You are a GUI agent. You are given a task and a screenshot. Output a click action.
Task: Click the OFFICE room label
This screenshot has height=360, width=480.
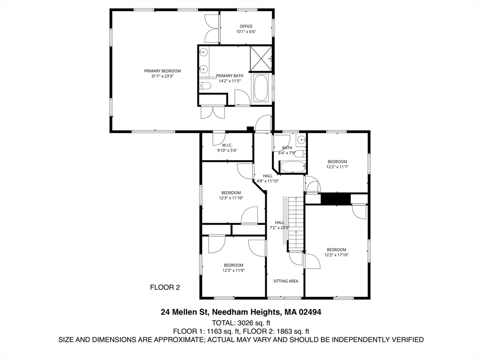(x=246, y=26)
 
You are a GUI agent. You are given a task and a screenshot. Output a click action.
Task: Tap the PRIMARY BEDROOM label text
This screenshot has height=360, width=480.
(x=162, y=71)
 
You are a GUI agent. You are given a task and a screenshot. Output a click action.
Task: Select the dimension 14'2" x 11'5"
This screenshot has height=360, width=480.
(x=230, y=81)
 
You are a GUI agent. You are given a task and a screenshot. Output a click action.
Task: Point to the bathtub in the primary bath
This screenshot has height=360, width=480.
(x=261, y=88)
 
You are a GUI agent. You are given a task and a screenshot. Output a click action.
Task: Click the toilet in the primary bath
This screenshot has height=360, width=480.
(x=205, y=86)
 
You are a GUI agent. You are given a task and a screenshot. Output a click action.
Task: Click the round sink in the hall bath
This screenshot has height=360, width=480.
(x=301, y=139)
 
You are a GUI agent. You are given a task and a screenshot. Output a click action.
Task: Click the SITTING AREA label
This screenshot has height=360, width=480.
(x=286, y=281)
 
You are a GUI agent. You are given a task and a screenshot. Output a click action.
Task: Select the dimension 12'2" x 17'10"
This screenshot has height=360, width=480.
(x=336, y=255)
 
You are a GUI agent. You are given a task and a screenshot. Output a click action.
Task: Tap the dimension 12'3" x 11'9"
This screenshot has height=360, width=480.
(x=233, y=270)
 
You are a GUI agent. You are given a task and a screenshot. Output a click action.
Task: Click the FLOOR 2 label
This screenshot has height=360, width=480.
(x=165, y=287)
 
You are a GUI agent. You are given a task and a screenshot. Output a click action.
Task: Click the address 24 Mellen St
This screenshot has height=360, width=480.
(x=185, y=312)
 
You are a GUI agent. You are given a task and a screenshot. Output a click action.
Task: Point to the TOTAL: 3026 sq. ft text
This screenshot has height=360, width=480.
(x=241, y=322)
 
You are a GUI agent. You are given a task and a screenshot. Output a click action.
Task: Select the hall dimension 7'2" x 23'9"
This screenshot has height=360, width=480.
(x=279, y=228)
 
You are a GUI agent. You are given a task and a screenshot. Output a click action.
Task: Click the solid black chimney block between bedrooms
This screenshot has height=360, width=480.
(x=336, y=199)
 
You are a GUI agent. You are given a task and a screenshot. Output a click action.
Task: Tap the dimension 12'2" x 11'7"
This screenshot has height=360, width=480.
(x=337, y=167)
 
